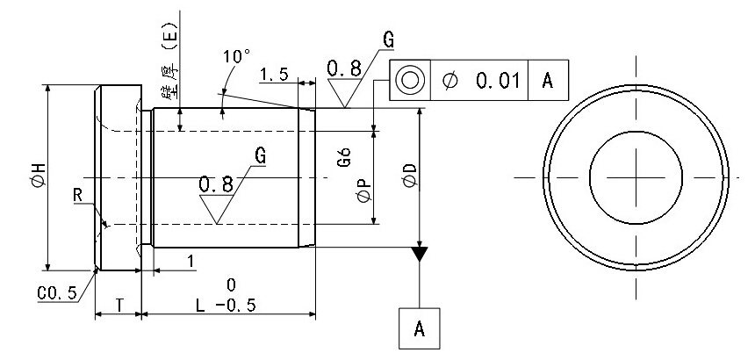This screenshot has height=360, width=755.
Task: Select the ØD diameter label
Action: [x=406, y=178]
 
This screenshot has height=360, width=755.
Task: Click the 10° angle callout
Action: [x=236, y=56]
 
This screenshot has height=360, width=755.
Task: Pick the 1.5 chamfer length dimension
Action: [x=275, y=75]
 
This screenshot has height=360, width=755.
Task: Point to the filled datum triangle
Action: [x=421, y=254]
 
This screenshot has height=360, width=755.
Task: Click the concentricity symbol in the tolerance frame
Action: [x=408, y=80]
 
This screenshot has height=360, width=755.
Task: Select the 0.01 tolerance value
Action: [x=498, y=81]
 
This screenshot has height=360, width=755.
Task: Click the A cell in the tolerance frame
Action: [x=548, y=80]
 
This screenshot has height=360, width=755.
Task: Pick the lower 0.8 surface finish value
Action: [x=216, y=184]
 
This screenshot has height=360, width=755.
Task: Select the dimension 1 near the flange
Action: [x=190, y=261]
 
